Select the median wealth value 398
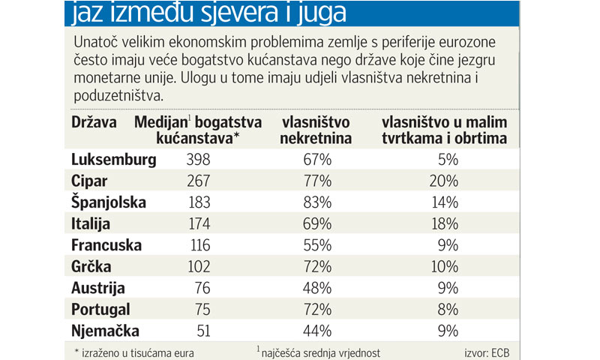198,159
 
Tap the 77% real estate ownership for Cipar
317,181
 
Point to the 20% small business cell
444,181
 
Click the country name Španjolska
109,202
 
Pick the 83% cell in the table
317,202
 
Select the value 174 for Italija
198,223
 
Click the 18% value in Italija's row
444,223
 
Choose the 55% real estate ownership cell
317,245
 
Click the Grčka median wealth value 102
198,266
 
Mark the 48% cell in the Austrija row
317,288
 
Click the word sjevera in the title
241,13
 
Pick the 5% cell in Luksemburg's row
448,159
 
